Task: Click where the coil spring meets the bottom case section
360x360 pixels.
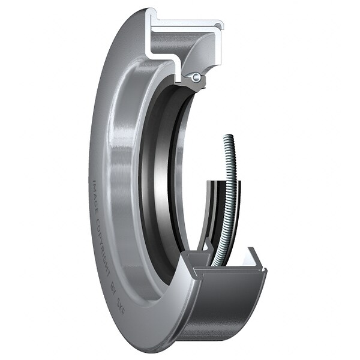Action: click(x=215, y=264)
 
